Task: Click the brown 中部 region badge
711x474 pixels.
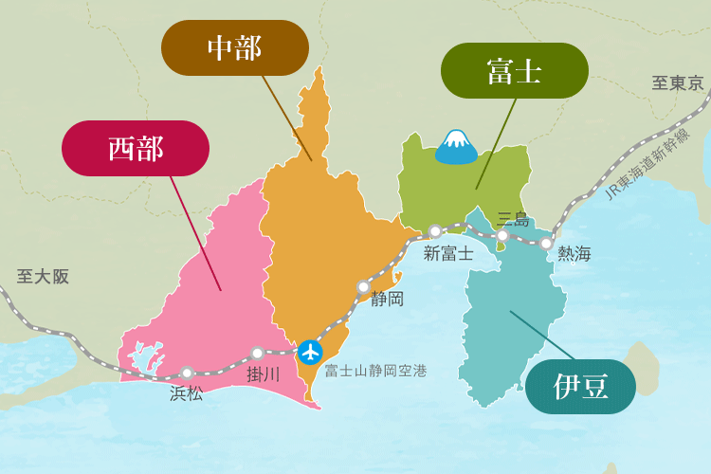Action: click(x=235, y=47)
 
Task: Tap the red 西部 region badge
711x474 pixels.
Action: click(x=136, y=148)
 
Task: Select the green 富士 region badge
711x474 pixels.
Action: click(x=515, y=70)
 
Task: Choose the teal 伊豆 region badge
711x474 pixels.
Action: click(x=580, y=387)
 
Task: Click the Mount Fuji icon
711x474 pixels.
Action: click(x=456, y=146)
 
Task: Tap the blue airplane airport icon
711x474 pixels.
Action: click(x=310, y=352)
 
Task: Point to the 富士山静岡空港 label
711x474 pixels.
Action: click(x=375, y=371)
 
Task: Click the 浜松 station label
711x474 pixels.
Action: click(x=186, y=393)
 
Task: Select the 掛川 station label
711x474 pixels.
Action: click(x=264, y=374)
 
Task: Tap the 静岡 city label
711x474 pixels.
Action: click(x=387, y=300)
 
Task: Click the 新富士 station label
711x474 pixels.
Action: click(x=448, y=253)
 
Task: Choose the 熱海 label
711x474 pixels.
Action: click(x=574, y=254)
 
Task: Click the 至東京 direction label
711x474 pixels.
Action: click(x=678, y=83)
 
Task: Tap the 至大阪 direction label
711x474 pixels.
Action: click(x=43, y=277)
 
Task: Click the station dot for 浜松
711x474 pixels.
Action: click(x=187, y=373)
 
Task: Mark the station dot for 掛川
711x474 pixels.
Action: click(x=257, y=353)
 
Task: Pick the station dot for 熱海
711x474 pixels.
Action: click(x=546, y=244)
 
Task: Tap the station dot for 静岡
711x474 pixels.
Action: click(x=363, y=286)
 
